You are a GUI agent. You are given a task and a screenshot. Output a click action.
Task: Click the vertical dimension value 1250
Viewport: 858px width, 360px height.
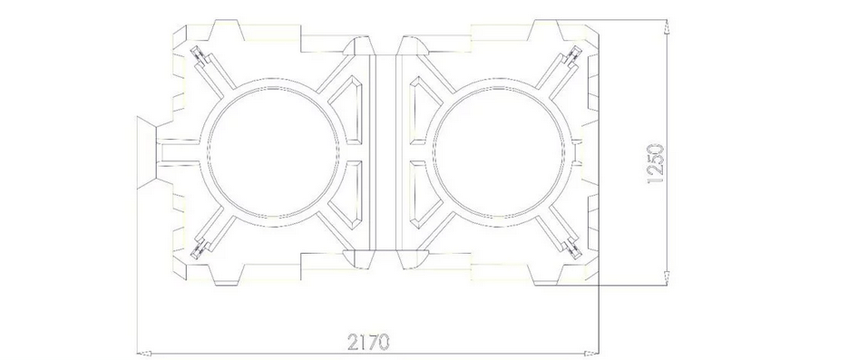(655, 163)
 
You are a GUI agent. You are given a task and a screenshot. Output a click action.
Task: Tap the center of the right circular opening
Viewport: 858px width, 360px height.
(499, 152)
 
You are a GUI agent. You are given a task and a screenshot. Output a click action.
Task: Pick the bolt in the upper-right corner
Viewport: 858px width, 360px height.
(574, 56)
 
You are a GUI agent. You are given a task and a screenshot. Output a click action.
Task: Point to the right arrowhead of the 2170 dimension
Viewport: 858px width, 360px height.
(592, 354)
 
